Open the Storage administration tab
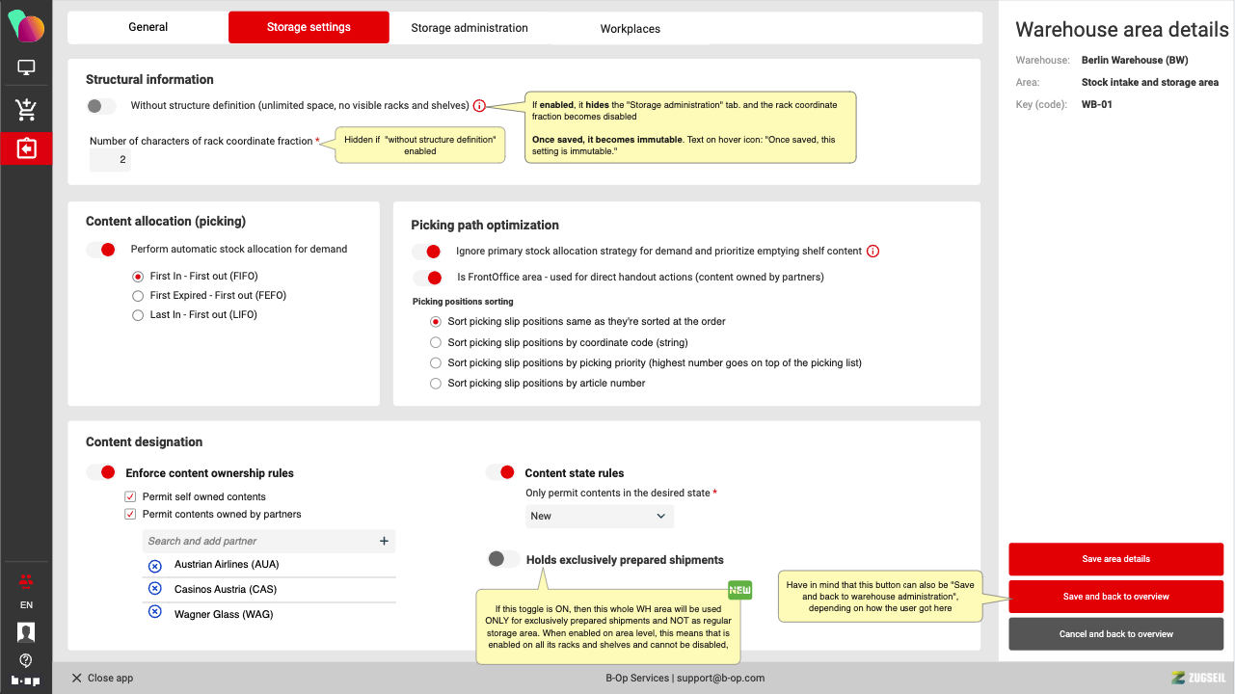click(470, 28)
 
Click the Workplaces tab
click(630, 29)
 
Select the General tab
click(148, 27)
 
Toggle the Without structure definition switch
click(101, 106)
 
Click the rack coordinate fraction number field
click(110, 160)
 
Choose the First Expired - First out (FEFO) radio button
click(138, 296)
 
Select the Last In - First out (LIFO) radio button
click(138, 315)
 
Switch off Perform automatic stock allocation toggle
click(101, 250)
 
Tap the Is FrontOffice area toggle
click(426, 278)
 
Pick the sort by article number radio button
click(436, 384)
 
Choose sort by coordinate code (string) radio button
click(436, 343)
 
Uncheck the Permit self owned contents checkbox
click(130, 496)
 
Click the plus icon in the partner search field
click(384, 542)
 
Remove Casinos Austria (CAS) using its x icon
click(154, 589)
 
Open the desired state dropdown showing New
click(599, 517)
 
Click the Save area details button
click(1115, 559)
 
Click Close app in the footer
click(102, 678)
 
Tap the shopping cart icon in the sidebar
click(26, 110)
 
